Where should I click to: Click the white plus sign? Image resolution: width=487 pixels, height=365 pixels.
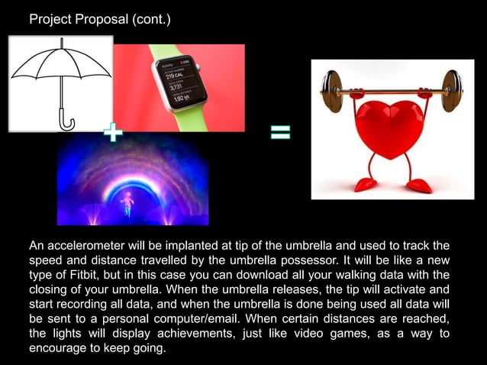(x=112, y=134)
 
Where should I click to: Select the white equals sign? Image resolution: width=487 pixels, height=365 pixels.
(x=280, y=134)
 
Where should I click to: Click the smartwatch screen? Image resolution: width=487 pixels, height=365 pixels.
(x=182, y=80)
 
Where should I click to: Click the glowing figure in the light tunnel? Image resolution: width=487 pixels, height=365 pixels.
(x=127, y=199)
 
